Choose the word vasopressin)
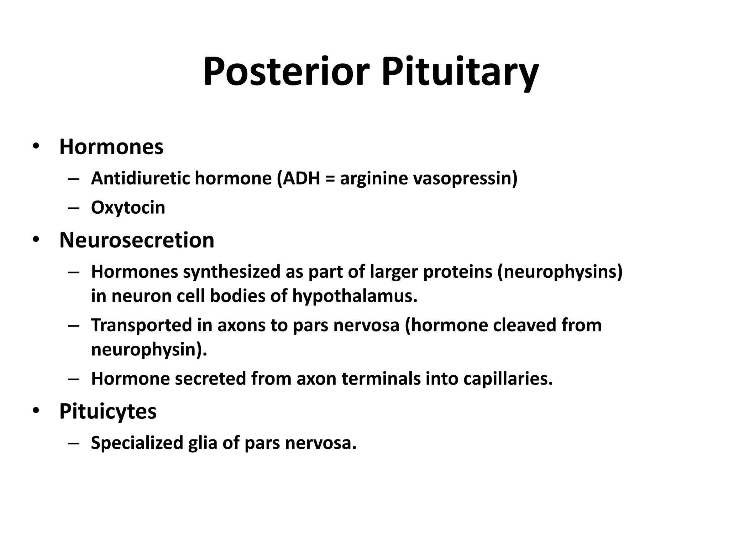pos(465,178)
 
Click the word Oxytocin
pos(128,208)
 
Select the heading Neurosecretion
pos(137,240)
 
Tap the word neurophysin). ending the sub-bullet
pos(149,349)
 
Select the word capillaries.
pos(508,379)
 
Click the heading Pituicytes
pos(108,411)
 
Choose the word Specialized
pos(137,443)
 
